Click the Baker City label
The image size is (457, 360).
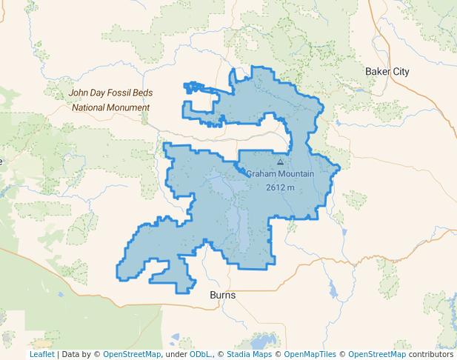387,72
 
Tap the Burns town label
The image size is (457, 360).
223,296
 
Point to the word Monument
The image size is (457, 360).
126,107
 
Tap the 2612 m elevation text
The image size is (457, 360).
280,187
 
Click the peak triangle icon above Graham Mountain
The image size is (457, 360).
280,161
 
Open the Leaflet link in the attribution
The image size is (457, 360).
42,355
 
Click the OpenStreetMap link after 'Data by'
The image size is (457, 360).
132,355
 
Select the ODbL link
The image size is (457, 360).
201,355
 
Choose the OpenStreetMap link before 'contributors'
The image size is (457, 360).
377,355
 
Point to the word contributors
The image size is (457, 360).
431,355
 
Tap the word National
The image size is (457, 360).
90,107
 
